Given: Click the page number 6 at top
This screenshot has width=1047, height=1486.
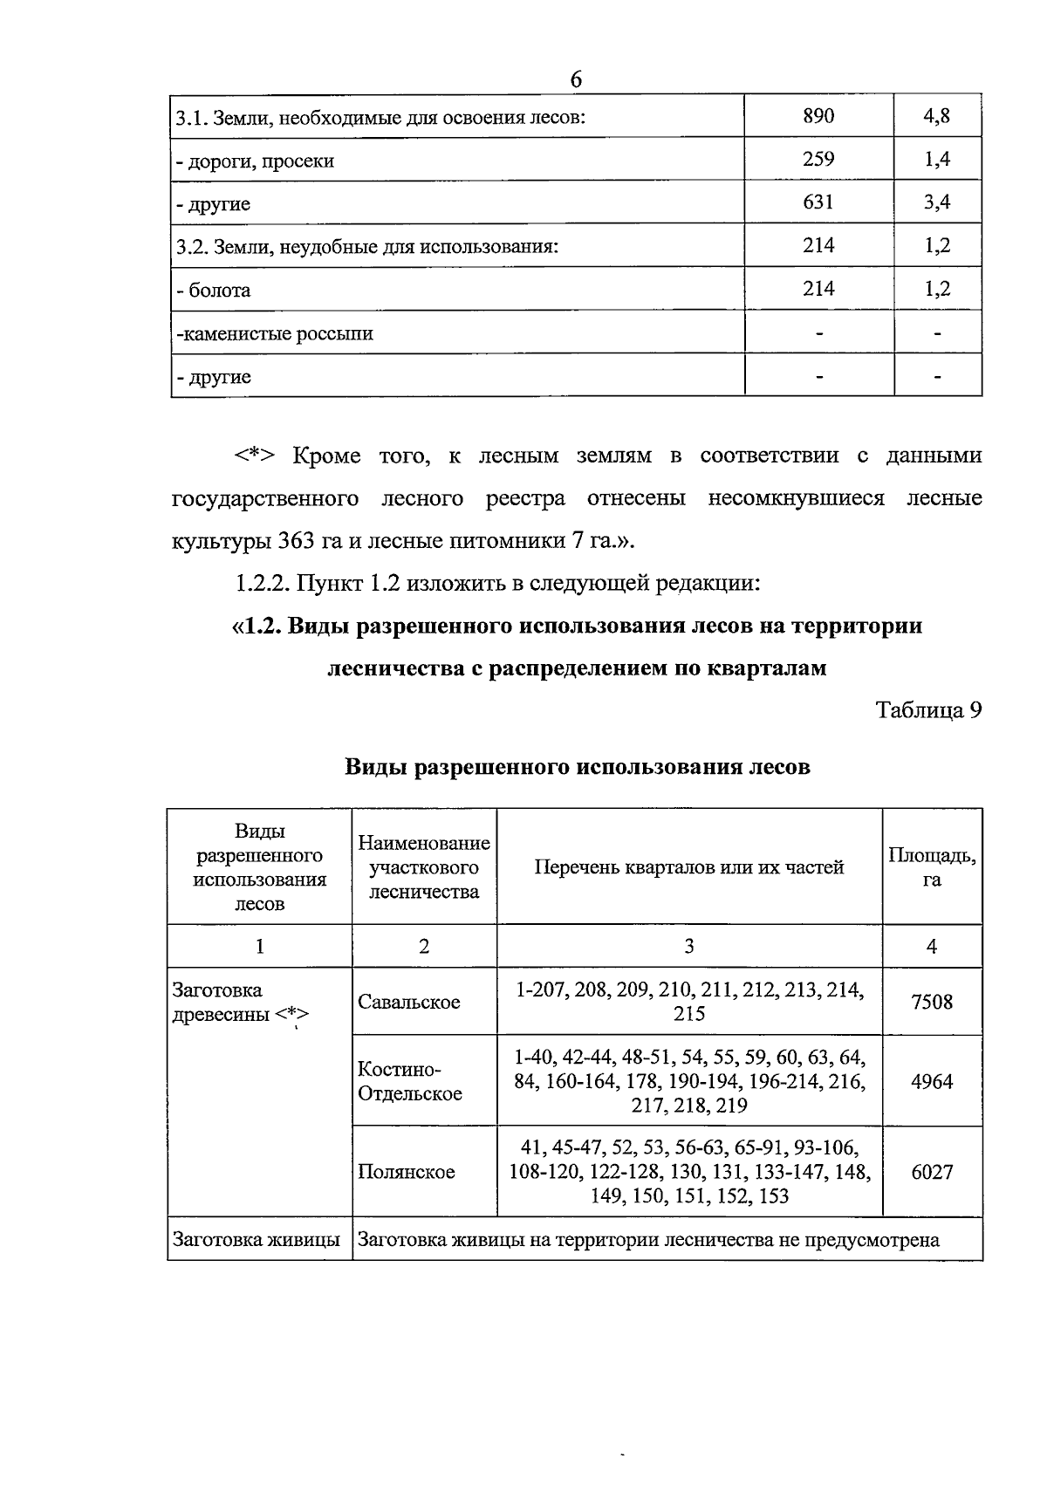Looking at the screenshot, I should pos(576,79).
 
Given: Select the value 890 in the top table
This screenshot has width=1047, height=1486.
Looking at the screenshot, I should pos(818,116).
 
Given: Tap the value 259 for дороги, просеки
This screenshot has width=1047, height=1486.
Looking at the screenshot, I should pos(818,159).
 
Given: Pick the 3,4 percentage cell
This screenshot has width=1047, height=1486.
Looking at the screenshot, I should pos(937,202).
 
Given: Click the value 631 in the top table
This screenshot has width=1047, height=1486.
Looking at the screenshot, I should pos(818,202).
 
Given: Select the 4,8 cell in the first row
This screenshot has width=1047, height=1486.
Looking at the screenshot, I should pos(937,116).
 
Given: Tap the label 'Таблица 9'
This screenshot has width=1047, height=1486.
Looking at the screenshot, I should pos(929,710).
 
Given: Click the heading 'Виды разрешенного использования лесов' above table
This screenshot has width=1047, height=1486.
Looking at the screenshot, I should pos(577,767).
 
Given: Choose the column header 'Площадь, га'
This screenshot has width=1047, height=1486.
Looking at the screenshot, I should pos(932,867).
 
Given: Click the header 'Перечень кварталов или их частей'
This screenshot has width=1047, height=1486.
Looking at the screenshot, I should pos(688,867).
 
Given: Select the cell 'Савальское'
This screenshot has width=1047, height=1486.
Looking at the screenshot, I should pos(408,1003).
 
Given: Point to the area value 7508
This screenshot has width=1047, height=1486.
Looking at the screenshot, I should pos(932,1002).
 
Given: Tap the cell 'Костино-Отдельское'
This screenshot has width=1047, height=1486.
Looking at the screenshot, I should pos(410,1082).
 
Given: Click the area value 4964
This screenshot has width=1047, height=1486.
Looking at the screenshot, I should pos(932,1082).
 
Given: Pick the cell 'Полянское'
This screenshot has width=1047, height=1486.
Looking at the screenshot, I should pos(406,1172).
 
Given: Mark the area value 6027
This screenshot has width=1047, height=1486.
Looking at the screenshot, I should pos(932,1172).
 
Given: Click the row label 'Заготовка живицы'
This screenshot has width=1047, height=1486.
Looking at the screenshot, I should pos(257,1240).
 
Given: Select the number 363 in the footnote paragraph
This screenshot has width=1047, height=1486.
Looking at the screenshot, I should pos(297,541).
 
